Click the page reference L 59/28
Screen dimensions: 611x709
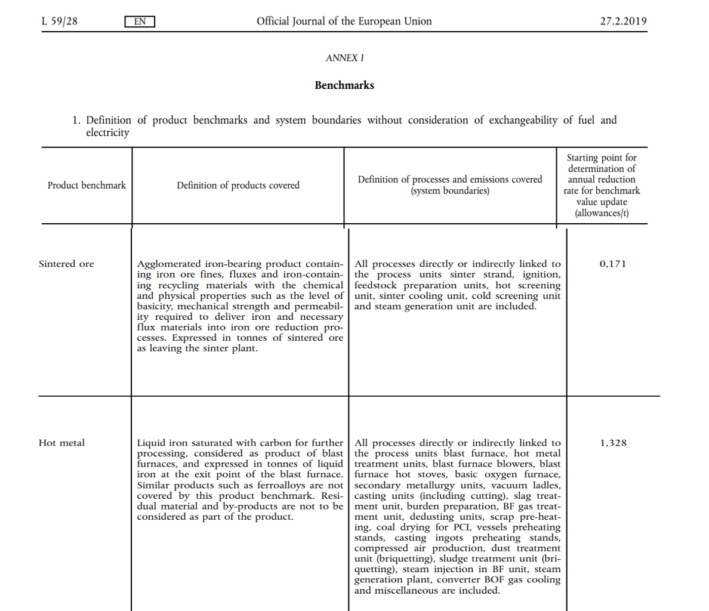pyautogui.click(x=60, y=21)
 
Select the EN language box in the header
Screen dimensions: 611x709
pyautogui.click(x=140, y=22)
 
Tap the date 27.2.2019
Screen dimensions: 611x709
pyautogui.click(x=623, y=21)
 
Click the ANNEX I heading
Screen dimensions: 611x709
pyautogui.click(x=344, y=58)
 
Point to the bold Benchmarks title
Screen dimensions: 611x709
pyautogui.click(x=344, y=85)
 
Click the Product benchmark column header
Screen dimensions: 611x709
pyautogui.click(x=87, y=186)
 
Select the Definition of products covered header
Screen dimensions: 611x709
pyautogui.click(x=238, y=186)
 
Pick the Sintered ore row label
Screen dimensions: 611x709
pyautogui.click(x=66, y=264)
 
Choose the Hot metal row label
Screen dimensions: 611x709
pyautogui.click(x=61, y=443)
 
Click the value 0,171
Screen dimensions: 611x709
pyautogui.click(x=613, y=264)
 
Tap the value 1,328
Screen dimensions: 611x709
pyautogui.click(x=613, y=443)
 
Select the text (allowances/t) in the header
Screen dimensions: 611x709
pyautogui.click(x=602, y=213)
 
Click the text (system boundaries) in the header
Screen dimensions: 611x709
pyautogui.click(x=450, y=191)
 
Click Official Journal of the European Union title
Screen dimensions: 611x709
pyautogui.click(x=344, y=21)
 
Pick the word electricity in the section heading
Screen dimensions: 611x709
pyautogui.click(x=107, y=132)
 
